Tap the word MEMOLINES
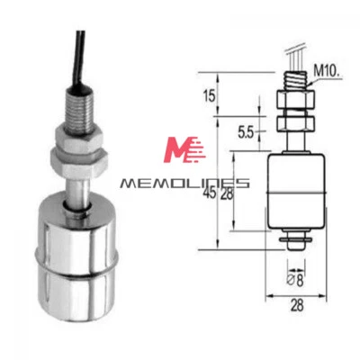(184, 184)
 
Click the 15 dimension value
(211, 96)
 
